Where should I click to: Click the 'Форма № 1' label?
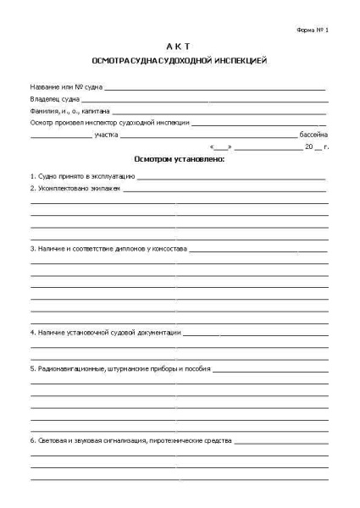pos(313,29)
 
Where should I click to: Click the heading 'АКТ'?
pos(179,47)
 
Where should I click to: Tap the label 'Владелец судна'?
pos(54,99)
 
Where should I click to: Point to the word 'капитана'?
pos(94,111)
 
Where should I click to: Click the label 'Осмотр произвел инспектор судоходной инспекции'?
pos(109,123)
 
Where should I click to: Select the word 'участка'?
pos(106,135)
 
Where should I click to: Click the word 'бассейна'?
pos(313,135)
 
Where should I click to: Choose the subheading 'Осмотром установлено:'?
pos(179,159)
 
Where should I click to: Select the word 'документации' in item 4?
pos(156,334)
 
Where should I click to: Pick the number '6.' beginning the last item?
pos(33,442)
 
